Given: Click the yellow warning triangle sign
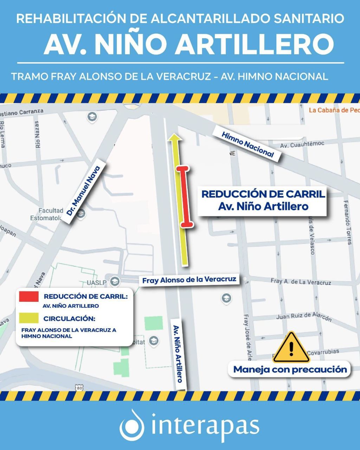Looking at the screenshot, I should click(291, 348).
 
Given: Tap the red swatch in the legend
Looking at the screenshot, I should click(29, 296).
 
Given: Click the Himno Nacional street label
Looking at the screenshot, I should click(247, 144).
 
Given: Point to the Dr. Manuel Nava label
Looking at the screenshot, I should click(84, 190).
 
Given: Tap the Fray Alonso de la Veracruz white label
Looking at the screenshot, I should click(189, 280).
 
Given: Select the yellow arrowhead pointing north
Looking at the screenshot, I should click(175, 137).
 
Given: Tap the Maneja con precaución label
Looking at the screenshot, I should click(290, 369).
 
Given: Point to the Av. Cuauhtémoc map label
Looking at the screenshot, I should click(302, 144).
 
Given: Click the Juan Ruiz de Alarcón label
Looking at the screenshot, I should click(303, 317).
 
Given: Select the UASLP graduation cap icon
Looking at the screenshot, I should click(114, 281).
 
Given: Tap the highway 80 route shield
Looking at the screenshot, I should click(79, 387).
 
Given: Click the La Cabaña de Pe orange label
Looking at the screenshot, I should click(334, 110).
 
